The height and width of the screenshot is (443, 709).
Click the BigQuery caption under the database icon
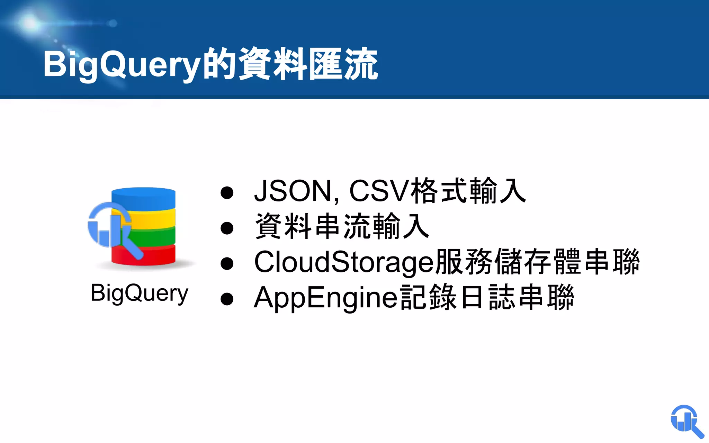pyautogui.click(x=139, y=293)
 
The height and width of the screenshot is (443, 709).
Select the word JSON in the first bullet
pyautogui.click(x=293, y=191)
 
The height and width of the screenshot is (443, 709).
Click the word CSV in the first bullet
pyautogui.click(x=379, y=191)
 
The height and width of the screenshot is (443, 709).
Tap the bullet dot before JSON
pyautogui.click(x=227, y=193)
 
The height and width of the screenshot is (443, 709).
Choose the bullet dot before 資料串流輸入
pyautogui.click(x=227, y=228)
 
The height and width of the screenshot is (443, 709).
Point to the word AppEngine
pyautogui.click(x=325, y=298)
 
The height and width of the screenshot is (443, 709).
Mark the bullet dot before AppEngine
pyautogui.click(x=227, y=299)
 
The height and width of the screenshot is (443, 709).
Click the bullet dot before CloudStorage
pyautogui.click(x=227, y=263)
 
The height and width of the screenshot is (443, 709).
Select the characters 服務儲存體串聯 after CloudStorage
pyautogui.click(x=537, y=262)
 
